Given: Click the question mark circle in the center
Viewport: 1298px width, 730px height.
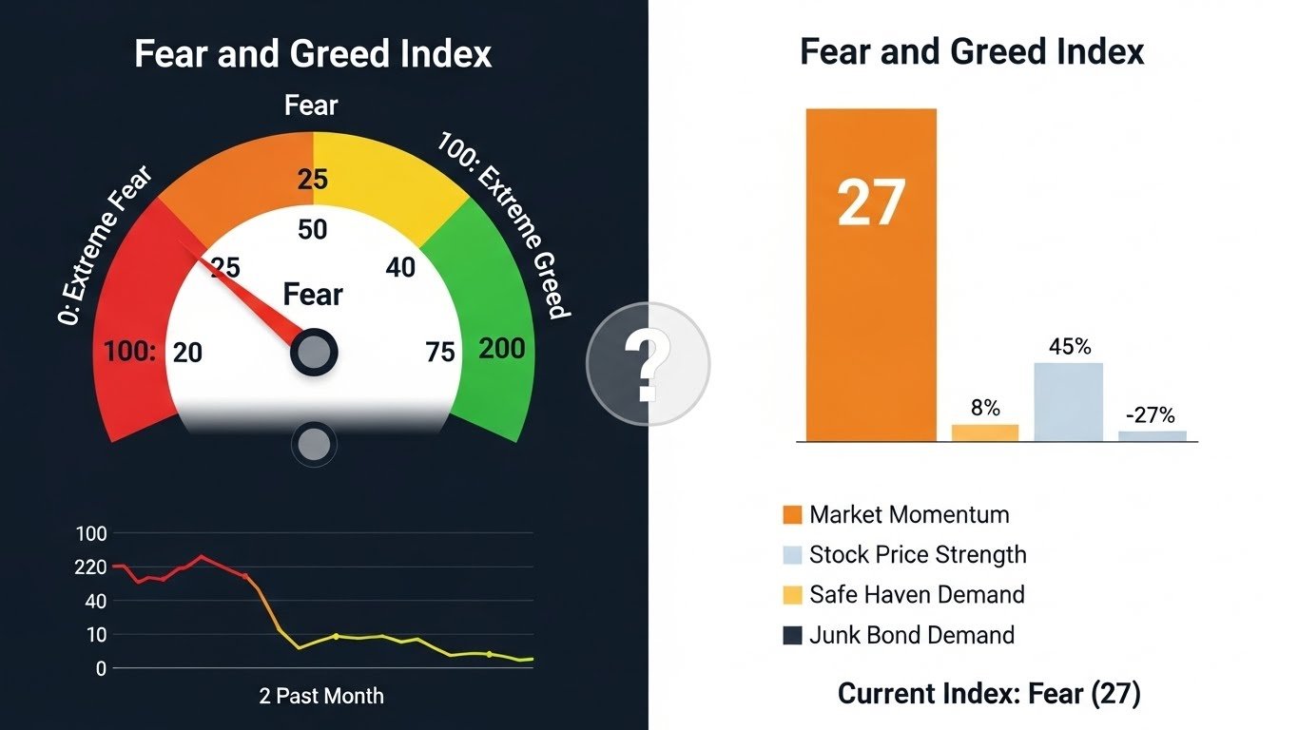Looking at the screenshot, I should coord(648,363).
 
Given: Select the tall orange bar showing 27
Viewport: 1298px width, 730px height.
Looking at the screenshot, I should coord(871,276).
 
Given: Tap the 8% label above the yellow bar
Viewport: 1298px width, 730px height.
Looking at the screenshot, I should coord(985,408).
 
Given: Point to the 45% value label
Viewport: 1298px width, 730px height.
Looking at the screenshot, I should coord(1069,347).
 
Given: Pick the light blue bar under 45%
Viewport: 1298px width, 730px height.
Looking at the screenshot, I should coord(1069,402).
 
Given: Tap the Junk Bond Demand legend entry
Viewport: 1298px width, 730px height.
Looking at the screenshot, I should coord(898,635).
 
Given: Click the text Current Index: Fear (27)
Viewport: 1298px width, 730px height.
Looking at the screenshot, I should coord(988,695).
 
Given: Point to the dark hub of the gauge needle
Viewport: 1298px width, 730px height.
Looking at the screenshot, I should coord(313,353).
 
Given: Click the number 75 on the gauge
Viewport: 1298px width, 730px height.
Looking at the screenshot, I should coord(440,353).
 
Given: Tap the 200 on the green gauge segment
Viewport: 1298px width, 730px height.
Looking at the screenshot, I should coord(502,349).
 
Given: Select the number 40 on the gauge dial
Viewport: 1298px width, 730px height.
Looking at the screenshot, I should coord(400,268).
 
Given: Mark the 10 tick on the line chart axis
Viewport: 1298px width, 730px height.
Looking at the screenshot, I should coord(95,635).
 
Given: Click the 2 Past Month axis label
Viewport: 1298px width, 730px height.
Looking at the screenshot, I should coord(321,696).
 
